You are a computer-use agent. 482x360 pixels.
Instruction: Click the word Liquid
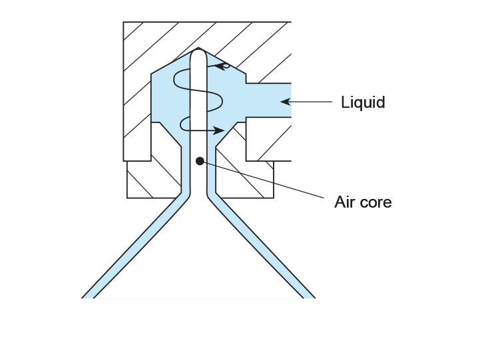tap(363, 102)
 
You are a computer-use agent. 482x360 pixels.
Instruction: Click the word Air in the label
tap(345, 202)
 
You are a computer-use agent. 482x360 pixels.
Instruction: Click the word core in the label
tap(375, 203)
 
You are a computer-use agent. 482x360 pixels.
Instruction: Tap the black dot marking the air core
tap(200, 161)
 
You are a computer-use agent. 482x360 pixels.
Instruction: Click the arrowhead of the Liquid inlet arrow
tap(286, 102)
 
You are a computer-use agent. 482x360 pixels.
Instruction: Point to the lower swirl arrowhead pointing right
tap(218, 130)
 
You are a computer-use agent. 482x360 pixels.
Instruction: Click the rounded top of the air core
tap(198, 53)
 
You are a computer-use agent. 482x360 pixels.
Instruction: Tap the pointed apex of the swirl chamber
tap(198, 48)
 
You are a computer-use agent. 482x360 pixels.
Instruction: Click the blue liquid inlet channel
tap(268, 100)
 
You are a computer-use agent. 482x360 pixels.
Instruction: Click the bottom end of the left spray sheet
tap(88, 297)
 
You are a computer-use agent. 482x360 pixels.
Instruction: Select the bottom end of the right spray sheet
tap(310, 297)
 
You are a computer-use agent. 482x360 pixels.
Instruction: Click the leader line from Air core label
tap(263, 180)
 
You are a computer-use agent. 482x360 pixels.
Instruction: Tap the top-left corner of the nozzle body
tap(123, 22)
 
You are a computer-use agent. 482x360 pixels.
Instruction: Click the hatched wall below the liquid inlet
tap(268, 139)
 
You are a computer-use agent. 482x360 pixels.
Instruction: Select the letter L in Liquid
tap(345, 102)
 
